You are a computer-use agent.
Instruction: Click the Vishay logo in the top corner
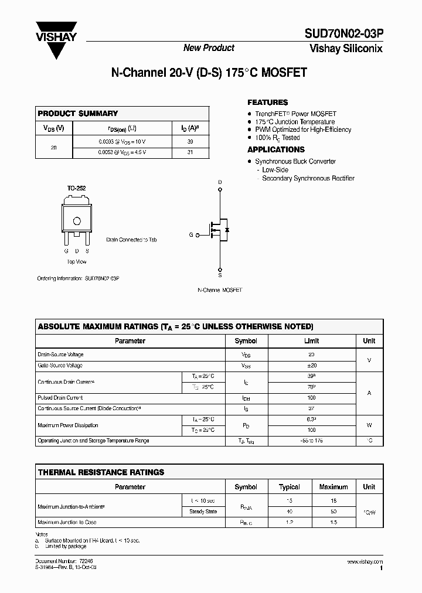[x=56, y=37]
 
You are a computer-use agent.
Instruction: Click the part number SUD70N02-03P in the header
[x=343, y=35]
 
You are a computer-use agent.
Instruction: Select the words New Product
[x=209, y=48]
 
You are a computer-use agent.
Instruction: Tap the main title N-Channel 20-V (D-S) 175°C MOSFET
[x=209, y=74]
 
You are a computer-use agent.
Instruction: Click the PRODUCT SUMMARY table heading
[x=78, y=113]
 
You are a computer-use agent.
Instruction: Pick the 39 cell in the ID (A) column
[x=190, y=141]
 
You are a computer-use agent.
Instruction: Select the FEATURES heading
[x=267, y=102]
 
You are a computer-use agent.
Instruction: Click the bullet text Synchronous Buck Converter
[x=295, y=161]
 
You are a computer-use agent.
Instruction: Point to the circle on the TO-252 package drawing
[x=76, y=221]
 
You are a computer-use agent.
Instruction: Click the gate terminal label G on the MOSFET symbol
[x=190, y=234]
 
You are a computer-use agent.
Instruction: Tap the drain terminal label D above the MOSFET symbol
[x=220, y=182]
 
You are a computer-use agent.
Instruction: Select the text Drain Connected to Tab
[x=131, y=240]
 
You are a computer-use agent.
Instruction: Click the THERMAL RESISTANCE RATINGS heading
[x=101, y=472]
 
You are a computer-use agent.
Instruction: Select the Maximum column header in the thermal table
[x=333, y=487]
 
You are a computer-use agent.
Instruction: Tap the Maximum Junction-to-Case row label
[x=67, y=522]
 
